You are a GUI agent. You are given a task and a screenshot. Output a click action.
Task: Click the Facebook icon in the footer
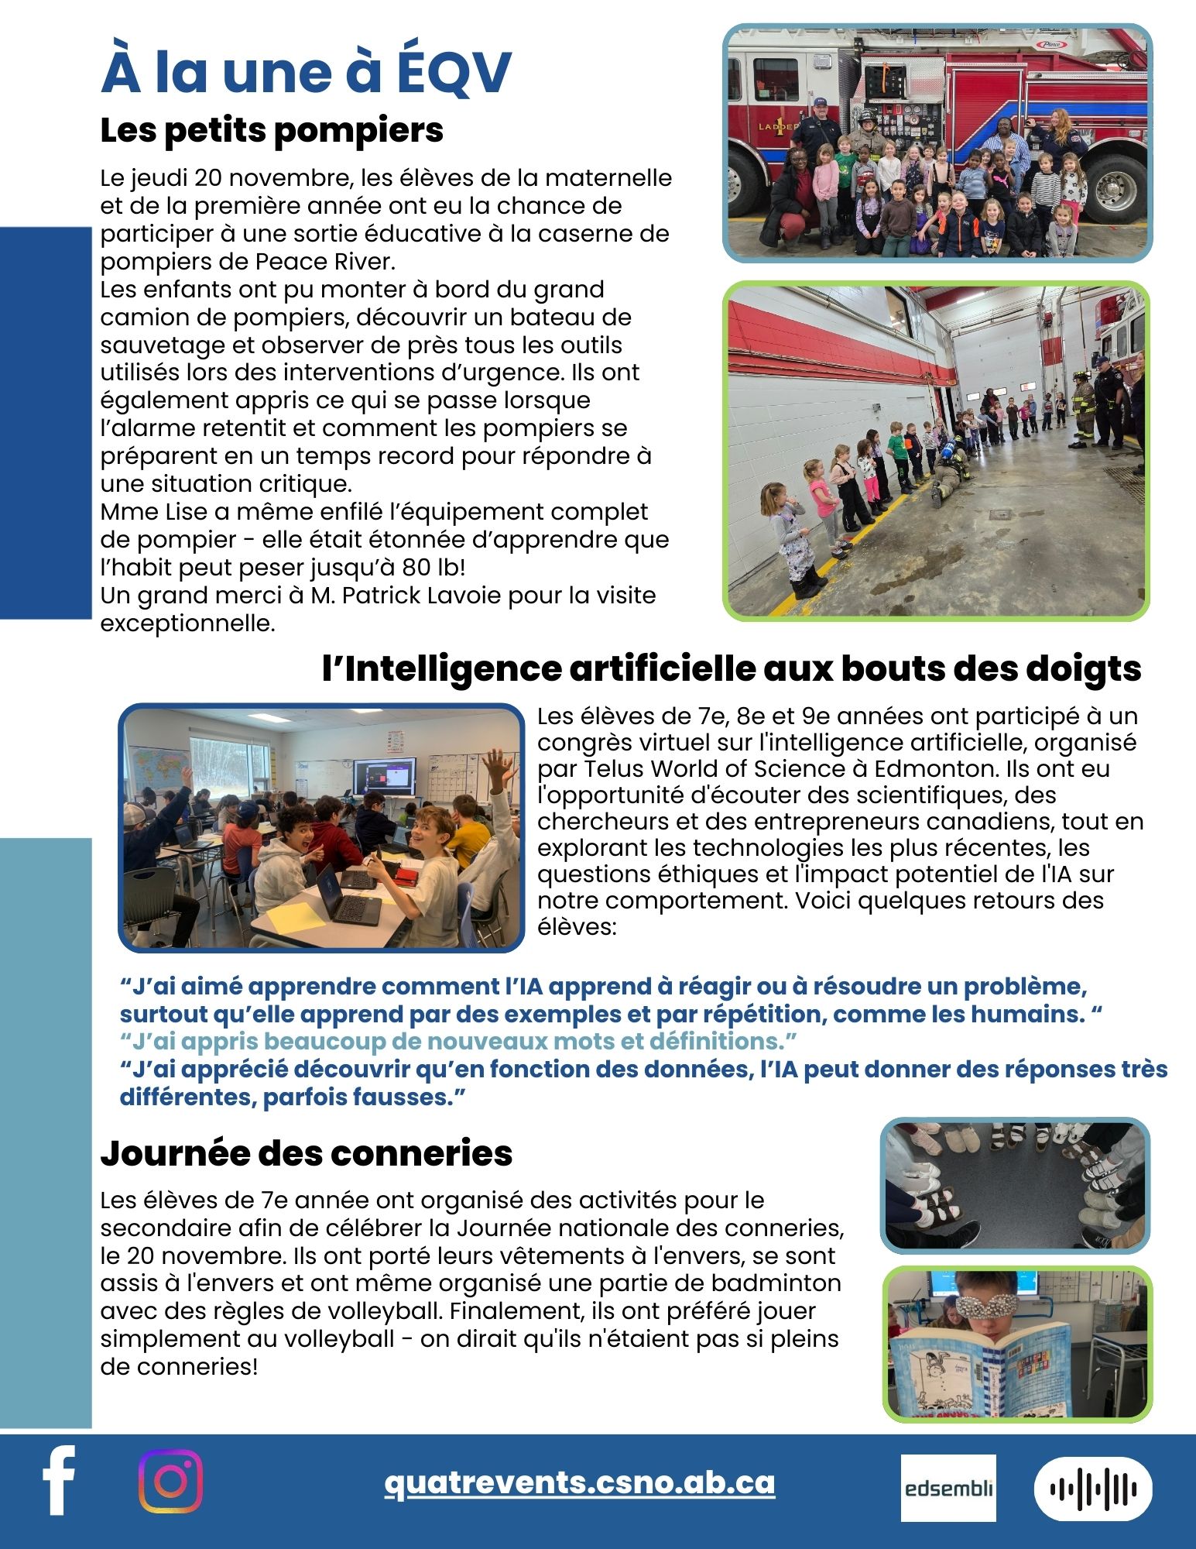click(59, 1480)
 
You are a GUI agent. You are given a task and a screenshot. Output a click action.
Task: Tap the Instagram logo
click(170, 1481)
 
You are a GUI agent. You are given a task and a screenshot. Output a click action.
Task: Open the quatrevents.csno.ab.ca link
click(579, 1482)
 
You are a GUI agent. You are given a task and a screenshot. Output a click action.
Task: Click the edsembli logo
click(948, 1488)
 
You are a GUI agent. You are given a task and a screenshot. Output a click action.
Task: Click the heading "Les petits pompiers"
click(272, 130)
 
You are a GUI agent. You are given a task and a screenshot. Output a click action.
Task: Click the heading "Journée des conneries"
click(306, 1153)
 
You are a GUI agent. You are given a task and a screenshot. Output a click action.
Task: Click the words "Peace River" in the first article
click(324, 262)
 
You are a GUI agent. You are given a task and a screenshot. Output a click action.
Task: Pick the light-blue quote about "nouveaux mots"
click(458, 1042)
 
